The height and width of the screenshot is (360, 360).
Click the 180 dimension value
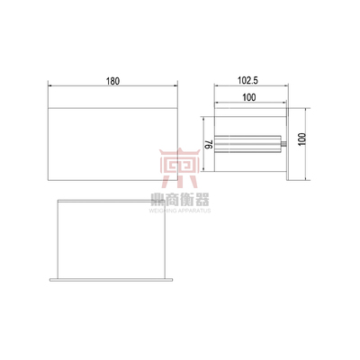tap(112, 81)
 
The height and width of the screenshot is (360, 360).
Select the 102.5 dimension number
tap(250, 80)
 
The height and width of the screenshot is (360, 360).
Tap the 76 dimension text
tap(208, 145)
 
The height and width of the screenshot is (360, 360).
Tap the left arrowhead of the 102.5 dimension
tap(216, 86)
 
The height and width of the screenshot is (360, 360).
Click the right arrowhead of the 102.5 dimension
tap(287, 86)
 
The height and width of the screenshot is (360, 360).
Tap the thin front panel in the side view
tap(286, 144)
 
